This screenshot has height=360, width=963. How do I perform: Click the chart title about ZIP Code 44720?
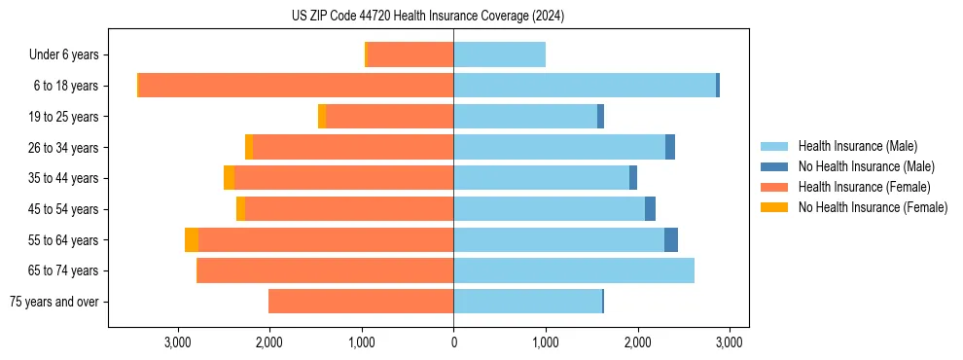[x=453, y=17]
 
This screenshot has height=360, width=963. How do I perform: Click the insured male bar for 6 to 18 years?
[x=584, y=86]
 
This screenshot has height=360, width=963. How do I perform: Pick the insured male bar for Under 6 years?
[x=499, y=55]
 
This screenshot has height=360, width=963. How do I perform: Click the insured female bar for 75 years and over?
[x=361, y=302]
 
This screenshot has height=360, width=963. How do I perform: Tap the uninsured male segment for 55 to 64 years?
[x=671, y=240]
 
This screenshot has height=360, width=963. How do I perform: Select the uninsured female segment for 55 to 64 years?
[x=192, y=240]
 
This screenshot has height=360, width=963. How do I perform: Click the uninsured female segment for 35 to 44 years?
[x=229, y=178]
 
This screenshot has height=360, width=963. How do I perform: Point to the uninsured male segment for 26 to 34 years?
[x=670, y=148]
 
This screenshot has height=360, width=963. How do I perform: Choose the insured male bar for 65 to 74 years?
[x=574, y=270]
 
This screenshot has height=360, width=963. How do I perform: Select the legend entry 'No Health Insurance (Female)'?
[x=873, y=207]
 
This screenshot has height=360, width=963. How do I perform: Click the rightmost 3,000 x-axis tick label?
[x=730, y=342]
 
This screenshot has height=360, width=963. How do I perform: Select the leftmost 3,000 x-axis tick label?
[x=177, y=342]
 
